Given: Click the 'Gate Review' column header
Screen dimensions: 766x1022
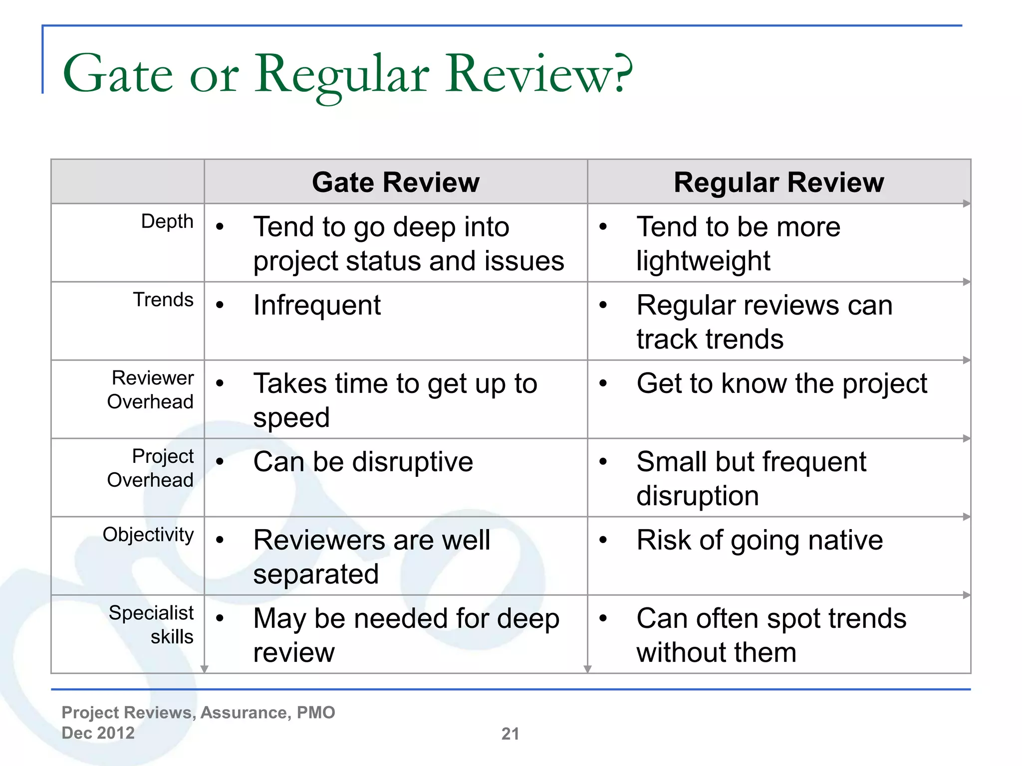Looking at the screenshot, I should click(x=395, y=183).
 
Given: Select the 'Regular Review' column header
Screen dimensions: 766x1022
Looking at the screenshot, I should click(x=778, y=183).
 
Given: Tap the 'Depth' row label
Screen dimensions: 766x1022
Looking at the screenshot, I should click(x=167, y=221).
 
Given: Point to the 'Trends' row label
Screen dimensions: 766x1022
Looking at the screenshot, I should click(x=163, y=300).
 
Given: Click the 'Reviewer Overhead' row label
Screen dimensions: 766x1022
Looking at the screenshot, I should click(x=151, y=390).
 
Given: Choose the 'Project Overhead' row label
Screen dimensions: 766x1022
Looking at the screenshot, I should click(x=151, y=468).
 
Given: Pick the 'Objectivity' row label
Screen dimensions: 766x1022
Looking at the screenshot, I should click(x=148, y=535).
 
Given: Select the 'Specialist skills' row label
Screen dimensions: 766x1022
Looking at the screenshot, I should click(x=152, y=624).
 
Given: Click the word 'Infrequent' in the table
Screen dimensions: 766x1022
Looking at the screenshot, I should click(x=317, y=305).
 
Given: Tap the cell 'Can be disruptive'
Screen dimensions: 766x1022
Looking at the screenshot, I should click(x=363, y=462).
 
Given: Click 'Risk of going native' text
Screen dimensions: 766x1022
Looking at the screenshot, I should click(x=760, y=540).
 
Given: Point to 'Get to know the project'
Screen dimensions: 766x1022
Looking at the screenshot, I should click(x=782, y=383).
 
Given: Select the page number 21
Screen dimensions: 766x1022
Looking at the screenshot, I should click(x=510, y=734).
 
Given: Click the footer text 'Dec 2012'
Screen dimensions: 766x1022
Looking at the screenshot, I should click(x=98, y=733).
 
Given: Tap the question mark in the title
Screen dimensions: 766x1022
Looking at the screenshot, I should click(x=623, y=74).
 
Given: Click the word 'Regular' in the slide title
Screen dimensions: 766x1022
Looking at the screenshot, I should click(x=342, y=75).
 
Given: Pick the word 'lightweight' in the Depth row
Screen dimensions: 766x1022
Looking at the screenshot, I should click(x=703, y=261).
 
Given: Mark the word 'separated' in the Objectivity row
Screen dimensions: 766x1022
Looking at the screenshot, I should click(x=316, y=574).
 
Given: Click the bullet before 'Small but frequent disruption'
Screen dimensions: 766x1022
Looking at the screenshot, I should click(x=603, y=462).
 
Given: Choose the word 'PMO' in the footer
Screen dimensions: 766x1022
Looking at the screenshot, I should click(x=316, y=713).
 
